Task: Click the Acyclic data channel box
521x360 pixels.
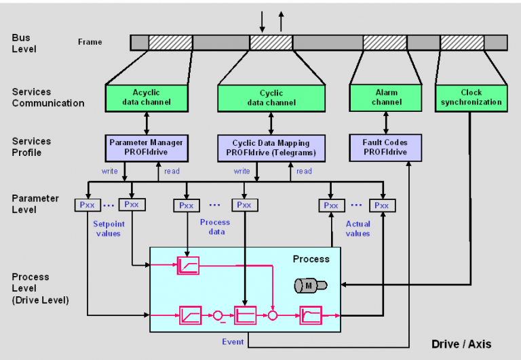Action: [x=147, y=97]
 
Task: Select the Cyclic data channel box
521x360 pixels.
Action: [x=271, y=98]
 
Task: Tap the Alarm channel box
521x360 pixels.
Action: [x=386, y=97]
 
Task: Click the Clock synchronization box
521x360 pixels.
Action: [x=471, y=97]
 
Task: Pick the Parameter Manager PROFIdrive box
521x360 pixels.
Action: [x=147, y=147]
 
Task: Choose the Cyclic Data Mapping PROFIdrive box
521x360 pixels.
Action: [x=271, y=147]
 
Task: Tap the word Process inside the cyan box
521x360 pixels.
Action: [x=311, y=259]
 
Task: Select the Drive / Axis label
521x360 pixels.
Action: [x=461, y=344]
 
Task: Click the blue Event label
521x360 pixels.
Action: [x=233, y=342]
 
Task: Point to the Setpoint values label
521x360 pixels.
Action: [x=107, y=228]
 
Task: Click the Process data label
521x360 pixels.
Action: [x=215, y=226]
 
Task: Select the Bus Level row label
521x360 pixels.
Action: [x=24, y=43]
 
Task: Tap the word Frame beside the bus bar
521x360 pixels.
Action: [x=90, y=42]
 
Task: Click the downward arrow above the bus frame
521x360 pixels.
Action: [x=262, y=21]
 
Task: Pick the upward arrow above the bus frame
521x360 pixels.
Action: [x=281, y=21]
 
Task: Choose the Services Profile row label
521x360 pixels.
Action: [x=31, y=147]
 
